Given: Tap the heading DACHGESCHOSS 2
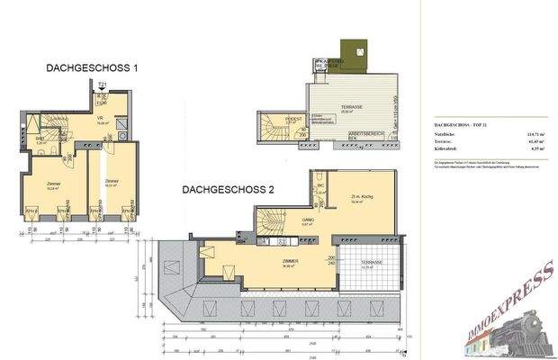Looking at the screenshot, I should pos(228,190).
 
